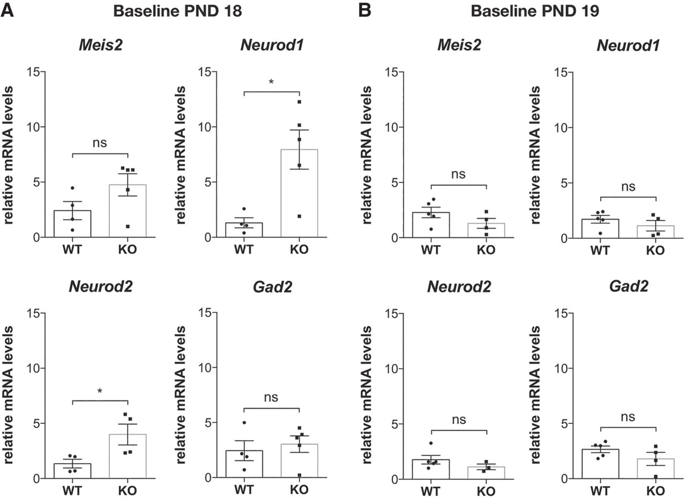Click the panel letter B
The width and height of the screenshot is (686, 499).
(x=364, y=10)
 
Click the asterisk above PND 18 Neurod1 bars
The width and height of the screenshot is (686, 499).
(x=272, y=82)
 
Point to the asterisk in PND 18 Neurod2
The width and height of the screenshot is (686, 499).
(x=100, y=392)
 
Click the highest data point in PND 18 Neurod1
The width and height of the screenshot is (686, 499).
(x=299, y=102)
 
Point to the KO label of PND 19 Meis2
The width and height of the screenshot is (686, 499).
(x=486, y=251)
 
